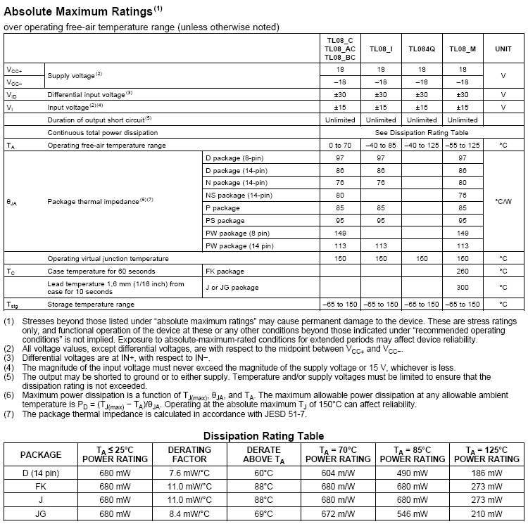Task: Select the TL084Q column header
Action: tap(422, 49)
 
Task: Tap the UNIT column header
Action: tap(503, 49)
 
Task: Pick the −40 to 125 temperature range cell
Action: tap(422, 145)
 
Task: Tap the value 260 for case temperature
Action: tap(463, 271)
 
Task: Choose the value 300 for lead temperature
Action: tap(463, 287)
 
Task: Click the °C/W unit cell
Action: tap(503, 201)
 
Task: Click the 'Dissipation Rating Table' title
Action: tap(264, 436)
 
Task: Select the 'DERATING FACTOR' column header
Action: tap(189, 454)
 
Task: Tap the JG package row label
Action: tap(41, 513)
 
